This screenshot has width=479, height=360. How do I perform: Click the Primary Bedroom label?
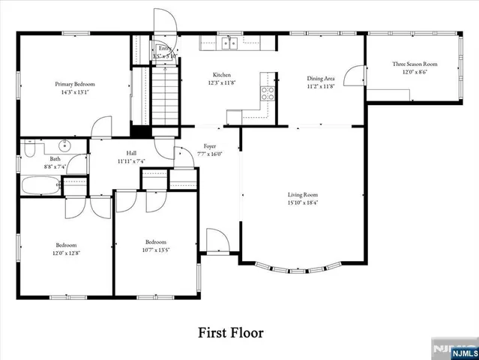(74, 84)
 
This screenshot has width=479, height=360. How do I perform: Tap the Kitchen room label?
(221, 75)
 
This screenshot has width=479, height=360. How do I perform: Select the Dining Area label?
(321, 78)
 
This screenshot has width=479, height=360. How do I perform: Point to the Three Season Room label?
(415, 64)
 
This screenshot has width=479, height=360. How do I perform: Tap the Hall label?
(131, 153)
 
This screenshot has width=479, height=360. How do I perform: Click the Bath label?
(55, 159)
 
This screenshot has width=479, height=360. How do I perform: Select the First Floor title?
(230, 331)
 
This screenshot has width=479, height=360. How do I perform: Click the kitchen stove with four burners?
(268, 93)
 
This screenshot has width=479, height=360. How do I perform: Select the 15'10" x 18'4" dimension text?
(303, 202)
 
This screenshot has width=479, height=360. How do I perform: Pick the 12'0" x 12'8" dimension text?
(66, 253)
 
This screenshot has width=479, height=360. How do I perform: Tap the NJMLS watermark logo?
(454, 350)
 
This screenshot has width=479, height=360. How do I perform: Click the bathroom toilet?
(31, 148)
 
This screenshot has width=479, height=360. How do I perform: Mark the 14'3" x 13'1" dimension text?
(74, 92)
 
